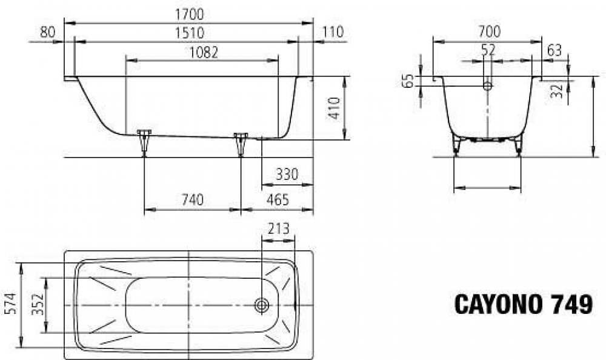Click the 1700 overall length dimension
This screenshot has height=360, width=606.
pos(189,15)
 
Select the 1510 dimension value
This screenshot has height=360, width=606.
pos(189,33)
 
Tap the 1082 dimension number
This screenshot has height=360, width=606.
pos(203,52)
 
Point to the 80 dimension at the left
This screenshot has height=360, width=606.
pos(47,32)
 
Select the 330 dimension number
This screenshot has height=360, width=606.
pos(287,175)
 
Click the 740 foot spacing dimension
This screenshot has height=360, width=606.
pos(192,200)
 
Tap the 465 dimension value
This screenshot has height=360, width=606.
pos(278,200)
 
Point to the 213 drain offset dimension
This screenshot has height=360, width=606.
pos(278,229)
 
